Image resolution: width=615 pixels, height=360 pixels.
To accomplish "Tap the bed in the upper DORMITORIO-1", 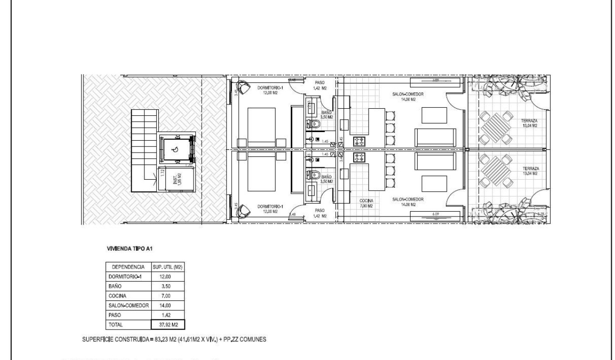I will tap(261, 127).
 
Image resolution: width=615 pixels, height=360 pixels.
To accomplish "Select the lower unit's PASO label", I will tap(321, 213).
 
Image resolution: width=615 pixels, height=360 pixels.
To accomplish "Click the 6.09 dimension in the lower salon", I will tap(435, 214).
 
